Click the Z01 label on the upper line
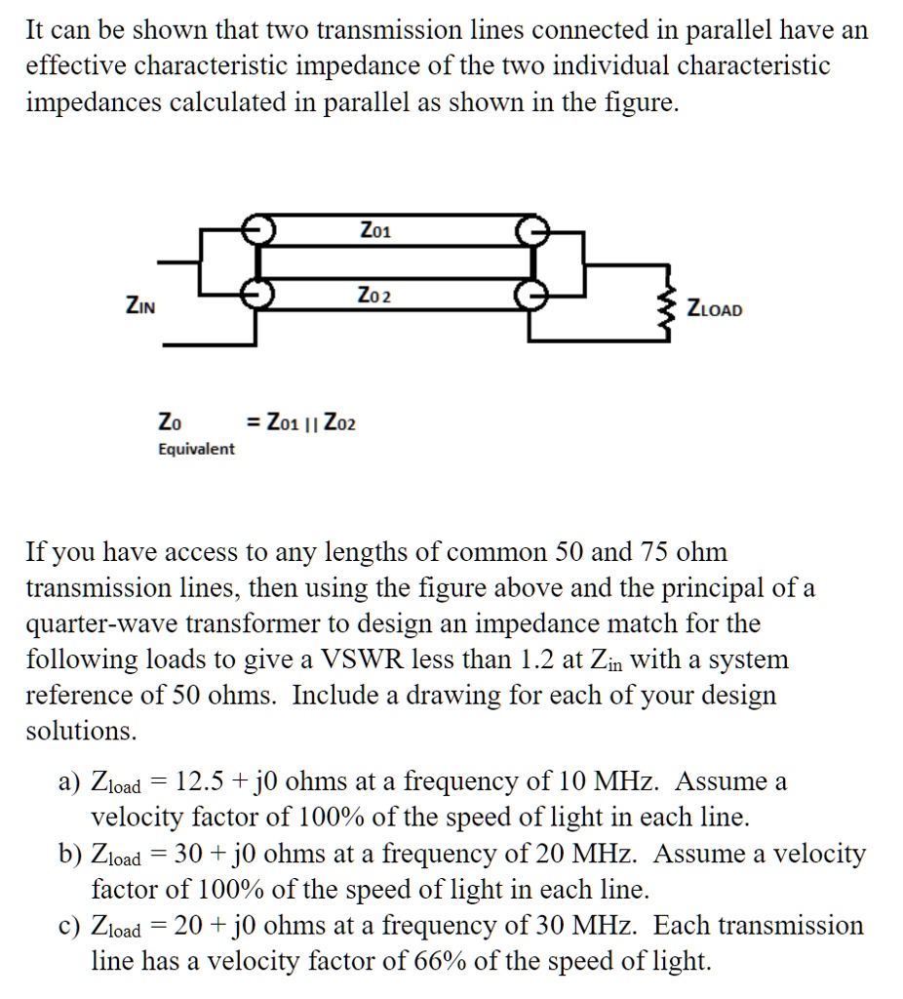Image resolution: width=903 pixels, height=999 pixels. pos(375,231)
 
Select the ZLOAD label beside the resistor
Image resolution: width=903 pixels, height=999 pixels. pos(715,309)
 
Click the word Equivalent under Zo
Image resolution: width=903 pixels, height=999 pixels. pos(196,449)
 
